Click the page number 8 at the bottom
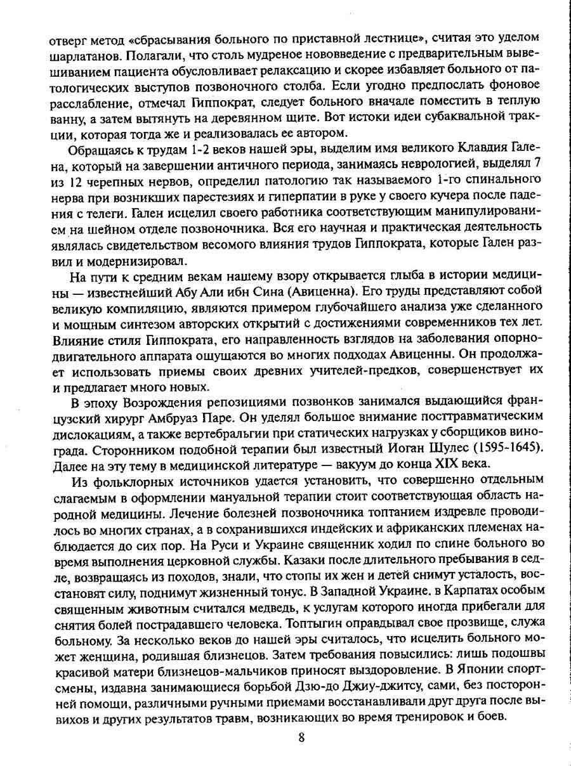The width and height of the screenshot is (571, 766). [301, 737]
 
